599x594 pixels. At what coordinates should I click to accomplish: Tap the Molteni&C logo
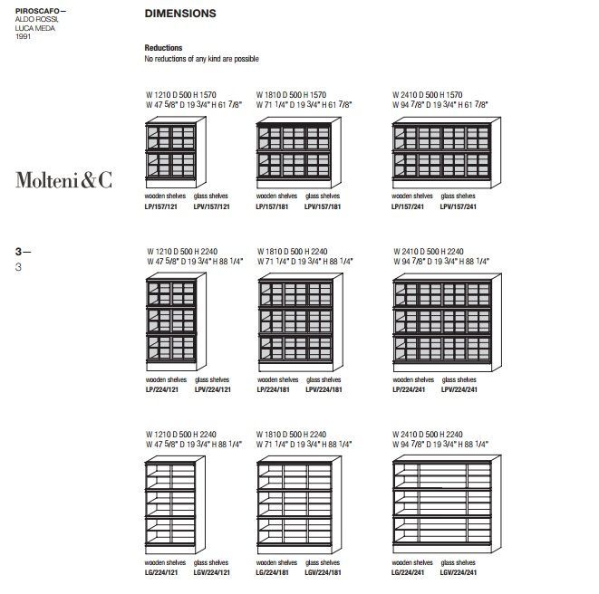[63, 180]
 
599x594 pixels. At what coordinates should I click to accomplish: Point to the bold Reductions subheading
[163, 48]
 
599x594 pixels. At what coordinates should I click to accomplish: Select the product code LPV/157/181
[324, 206]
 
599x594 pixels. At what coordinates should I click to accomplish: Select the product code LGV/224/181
[324, 573]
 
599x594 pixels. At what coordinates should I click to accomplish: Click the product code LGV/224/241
[459, 573]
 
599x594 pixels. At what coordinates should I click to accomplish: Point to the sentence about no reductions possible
[201, 59]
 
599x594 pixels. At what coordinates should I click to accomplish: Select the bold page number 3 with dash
[23, 247]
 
